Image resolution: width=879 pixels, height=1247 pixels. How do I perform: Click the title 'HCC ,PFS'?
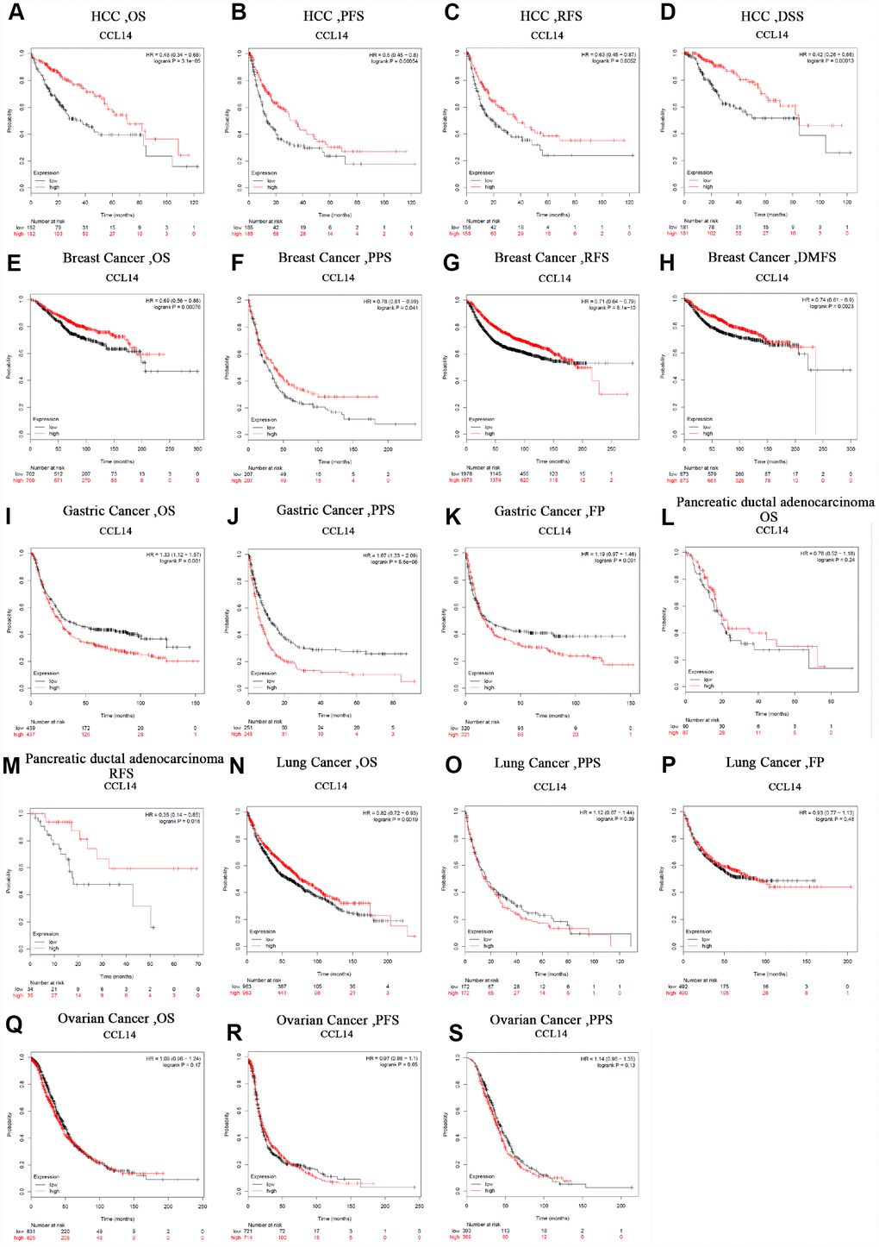(x=332, y=16)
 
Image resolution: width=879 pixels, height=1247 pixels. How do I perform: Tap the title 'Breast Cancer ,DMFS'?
(x=771, y=257)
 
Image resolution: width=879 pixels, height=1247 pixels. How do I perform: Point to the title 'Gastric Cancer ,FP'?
(x=549, y=511)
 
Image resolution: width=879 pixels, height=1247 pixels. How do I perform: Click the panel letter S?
(x=456, y=1032)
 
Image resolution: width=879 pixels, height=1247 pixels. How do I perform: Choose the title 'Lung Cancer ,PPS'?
(x=547, y=763)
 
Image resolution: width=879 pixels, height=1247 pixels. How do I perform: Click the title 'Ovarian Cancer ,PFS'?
(x=337, y=1020)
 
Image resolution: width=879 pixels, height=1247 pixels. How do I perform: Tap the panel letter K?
(x=452, y=517)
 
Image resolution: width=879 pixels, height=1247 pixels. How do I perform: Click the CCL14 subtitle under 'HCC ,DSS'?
(x=771, y=35)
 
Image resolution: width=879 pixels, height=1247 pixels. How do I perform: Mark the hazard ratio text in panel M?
(x=172, y=815)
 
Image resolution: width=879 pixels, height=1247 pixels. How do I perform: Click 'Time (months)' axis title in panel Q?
(x=117, y=1219)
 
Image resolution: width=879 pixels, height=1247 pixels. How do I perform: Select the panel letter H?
(x=668, y=262)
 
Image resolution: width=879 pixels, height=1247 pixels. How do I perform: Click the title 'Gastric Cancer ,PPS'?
(x=335, y=511)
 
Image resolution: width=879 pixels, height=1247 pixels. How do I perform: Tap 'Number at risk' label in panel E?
(x=47, y=467)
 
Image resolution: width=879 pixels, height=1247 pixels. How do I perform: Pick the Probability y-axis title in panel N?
(x=226, y=879)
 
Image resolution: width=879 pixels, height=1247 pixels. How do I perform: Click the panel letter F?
(x=237, y=263)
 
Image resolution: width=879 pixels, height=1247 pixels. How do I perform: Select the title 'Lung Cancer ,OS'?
(x=327, y=762)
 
